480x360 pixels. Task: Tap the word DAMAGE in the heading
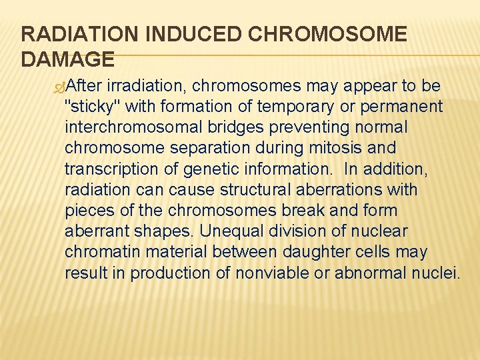(68, 59)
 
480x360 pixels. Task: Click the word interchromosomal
(139, 126)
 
